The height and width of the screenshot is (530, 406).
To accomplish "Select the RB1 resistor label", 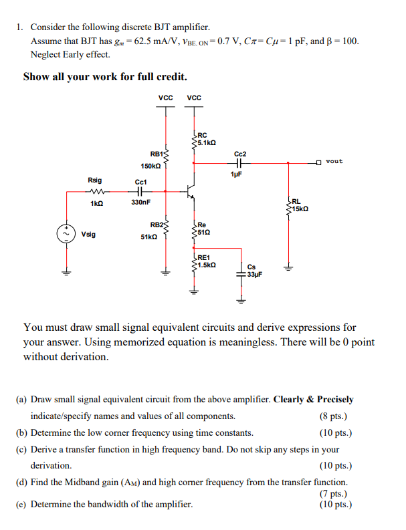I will pos(149,152).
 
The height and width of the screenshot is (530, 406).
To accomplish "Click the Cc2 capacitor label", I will pos(241,153).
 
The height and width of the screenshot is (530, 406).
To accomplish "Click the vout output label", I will pos(334,161).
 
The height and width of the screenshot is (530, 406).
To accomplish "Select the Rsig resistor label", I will pos(95,180).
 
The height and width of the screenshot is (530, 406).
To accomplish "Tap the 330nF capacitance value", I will pos(141,202).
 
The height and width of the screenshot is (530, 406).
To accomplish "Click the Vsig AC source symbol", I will pos(67,235).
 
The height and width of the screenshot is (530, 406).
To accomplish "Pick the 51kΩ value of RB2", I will pos(149,237).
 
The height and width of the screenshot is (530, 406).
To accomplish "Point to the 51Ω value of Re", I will pos(205,232).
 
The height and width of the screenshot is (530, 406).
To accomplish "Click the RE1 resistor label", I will pos(203,257).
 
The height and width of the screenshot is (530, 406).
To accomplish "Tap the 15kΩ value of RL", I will pos(299,209).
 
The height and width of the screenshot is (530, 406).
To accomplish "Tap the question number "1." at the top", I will pos(21,27).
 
